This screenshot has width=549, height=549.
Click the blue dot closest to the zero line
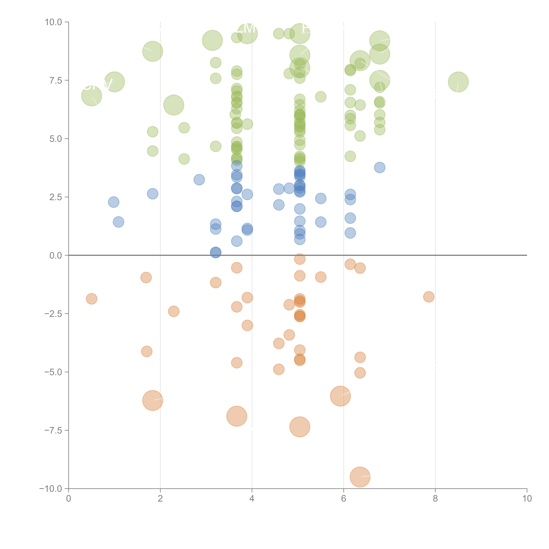(x=216, y=252)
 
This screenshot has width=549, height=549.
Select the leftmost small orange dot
(x=91, y=299)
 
